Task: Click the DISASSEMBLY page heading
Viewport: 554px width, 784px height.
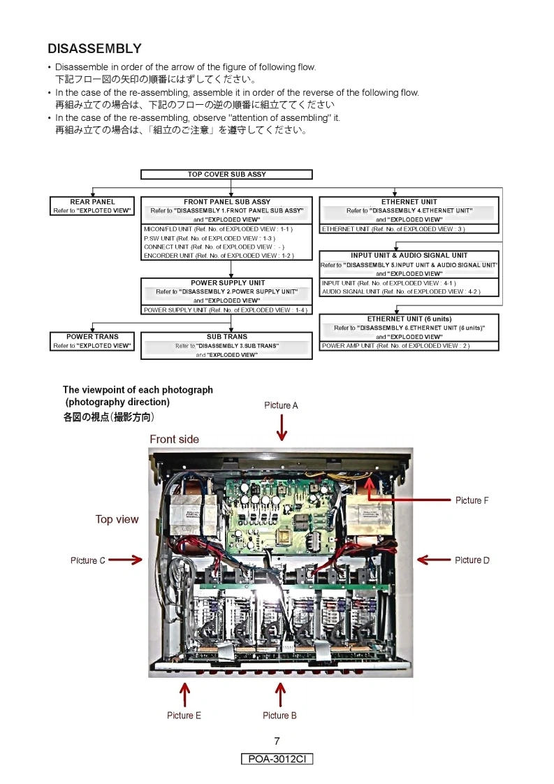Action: point(94,48)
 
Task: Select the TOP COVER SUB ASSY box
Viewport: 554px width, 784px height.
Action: point(226,175)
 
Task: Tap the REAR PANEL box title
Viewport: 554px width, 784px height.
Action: point(92,202)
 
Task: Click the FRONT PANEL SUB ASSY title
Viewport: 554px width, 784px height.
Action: point(226,202)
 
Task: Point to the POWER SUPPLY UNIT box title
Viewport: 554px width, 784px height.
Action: point(226,283)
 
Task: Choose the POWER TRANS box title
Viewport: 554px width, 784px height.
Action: point(92,337)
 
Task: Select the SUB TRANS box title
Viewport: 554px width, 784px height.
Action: point(226,337)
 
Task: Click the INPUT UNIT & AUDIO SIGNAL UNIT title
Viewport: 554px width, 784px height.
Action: point(409,256)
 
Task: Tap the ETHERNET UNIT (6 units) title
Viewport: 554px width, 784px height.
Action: point(409,319)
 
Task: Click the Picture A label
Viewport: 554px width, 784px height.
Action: point(281,405)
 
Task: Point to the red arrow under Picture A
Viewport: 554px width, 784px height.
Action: point(282,427)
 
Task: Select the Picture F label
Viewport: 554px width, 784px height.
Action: point(472,500)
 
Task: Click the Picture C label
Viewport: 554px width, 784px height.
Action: point(88,560)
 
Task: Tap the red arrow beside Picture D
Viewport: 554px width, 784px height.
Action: point(433,559)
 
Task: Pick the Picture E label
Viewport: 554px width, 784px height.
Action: point(184,716)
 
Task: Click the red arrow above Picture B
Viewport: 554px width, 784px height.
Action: point(280,694)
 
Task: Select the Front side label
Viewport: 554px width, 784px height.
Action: point(174,440)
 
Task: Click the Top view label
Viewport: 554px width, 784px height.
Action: point(117,519)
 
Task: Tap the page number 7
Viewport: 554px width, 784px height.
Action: point(277,741)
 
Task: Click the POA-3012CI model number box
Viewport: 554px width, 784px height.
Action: point(277,759)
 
